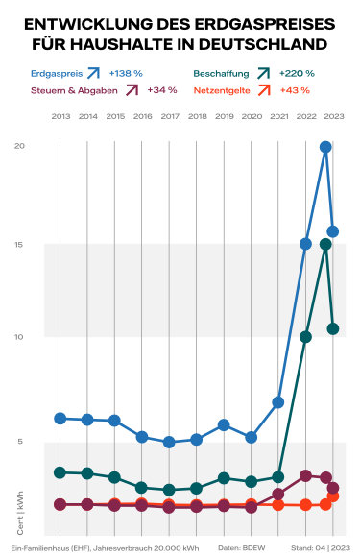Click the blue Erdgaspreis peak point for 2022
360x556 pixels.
pyautogui.click(x=326, y=147)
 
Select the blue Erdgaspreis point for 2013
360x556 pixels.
pyautogui.click(x=60, y=419)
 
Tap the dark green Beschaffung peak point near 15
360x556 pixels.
pyautogui.click(x=326, y=244)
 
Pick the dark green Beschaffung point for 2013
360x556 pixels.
pyautogui.click(x=60, y=472)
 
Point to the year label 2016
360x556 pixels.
pyautogui.click(x=142, y=116)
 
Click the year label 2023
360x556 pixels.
pyautogui.click(x=333, y=116)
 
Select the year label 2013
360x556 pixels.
pyautogui.click(x=60, y=116)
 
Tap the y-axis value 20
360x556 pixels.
pyautogui.click(x=20, y=145)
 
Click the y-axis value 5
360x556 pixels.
pyautogui.click(x=20, y=442)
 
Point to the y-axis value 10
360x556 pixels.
pyautogui.click(x=20, y=336)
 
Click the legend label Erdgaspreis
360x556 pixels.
pyautogui.click(x=53, y=72)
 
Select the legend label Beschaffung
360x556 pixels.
pyautogui.click(x=221, y=72)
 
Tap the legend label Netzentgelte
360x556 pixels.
pyautogui.click(x=223, y=90)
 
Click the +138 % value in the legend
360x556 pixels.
pyautogui.click(x=126, y=72)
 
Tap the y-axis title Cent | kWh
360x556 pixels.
pyautogui.click(x=20, y=514)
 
